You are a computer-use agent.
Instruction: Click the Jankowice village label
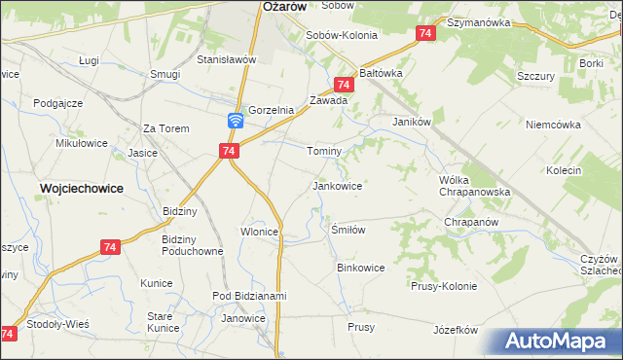pos(337,185)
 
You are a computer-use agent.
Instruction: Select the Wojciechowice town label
pos(81,188)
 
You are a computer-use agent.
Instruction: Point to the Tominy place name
pos(324,152)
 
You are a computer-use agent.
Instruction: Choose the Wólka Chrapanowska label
pos(475,186)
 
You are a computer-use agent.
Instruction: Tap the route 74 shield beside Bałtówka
pos(343,86)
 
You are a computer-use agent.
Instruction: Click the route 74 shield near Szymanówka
pos(424,34)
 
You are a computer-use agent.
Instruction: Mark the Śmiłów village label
pos(348,230)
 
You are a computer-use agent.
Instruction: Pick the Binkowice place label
pos(360,267)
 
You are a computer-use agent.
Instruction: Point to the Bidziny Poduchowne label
pos(192,244)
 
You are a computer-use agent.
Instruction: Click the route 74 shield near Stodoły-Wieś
pos(9,334)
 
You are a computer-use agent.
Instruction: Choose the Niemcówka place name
pos(553,125)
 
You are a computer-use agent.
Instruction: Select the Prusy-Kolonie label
pos(444,286)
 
